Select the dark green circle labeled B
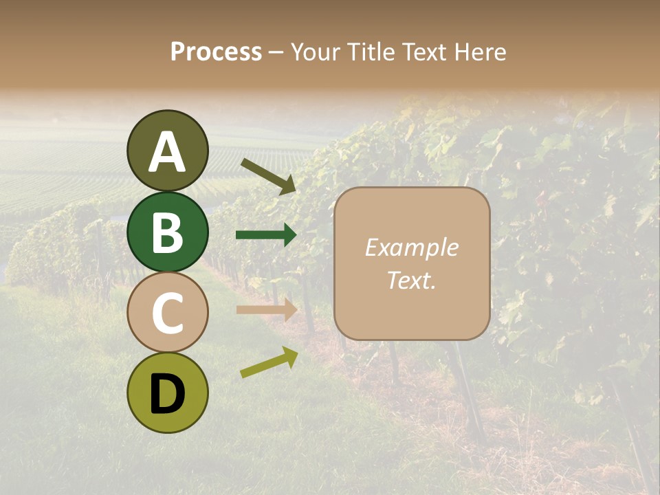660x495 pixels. pyautogui.click(x=167, y=232)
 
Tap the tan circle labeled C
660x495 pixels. pyautogui.click(x=167, y=312)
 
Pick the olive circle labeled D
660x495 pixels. pyautogui.click(x=167, y=393)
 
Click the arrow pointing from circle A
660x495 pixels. pyautogui.click(x=268, y=176)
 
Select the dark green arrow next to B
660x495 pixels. pyautogui.click(x=266, y=235)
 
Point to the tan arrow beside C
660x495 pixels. pyautogui.click(x=266, y=309)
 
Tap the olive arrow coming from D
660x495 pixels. pyautogui.click(x=269, y=363)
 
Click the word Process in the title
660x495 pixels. pyautogui.click(x=216, y=52)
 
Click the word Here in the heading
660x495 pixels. pyautogui.click(x=481, y=52)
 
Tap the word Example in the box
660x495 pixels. pyautogui.click(x=411, y=248)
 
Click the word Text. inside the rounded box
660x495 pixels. pyautogui.click(x=411, y=280)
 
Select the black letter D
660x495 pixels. pyautogui.click(x=167, y=394)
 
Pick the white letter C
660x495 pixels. pyautogui.click(x=167, y=313)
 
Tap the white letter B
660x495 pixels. pyautogui.click(x=167, y=232)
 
